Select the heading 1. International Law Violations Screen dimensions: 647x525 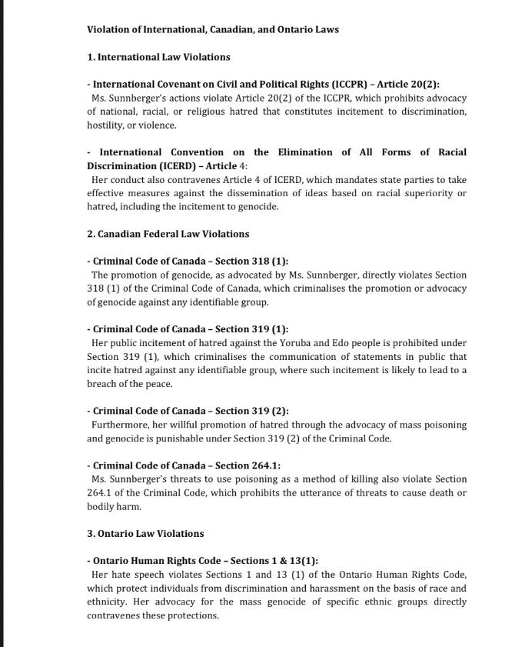click(158, 57)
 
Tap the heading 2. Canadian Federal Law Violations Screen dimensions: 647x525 click(168, 233)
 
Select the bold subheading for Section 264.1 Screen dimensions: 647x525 click(184, 465)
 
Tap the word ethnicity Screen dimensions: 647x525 click(108, 602)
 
